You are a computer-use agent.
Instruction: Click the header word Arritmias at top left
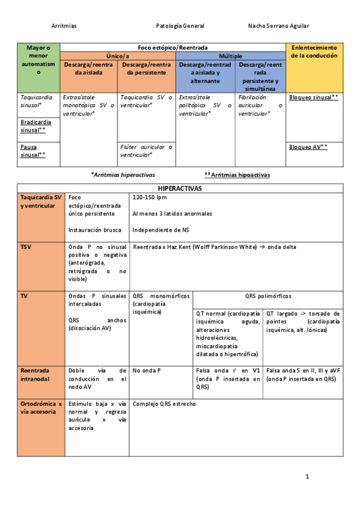(64, 26)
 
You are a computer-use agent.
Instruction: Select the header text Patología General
(180, 26)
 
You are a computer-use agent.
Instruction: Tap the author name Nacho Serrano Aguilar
(278, 26)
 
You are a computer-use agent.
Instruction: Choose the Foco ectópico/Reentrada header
(173, 47)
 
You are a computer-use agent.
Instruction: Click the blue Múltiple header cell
(231, 55)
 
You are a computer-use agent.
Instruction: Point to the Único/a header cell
(118, 55)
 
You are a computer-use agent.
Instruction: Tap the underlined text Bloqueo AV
(308, 146)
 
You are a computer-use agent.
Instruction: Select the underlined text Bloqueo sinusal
(313, 97)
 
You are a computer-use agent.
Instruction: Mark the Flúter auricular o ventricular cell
(146, 150)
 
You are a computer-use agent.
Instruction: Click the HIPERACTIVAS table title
(180, 188)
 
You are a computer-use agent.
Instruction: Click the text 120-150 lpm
(149, 197)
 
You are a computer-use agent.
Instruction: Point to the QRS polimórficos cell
(267, 296)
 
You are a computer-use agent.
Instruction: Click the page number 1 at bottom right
(307, 477)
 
